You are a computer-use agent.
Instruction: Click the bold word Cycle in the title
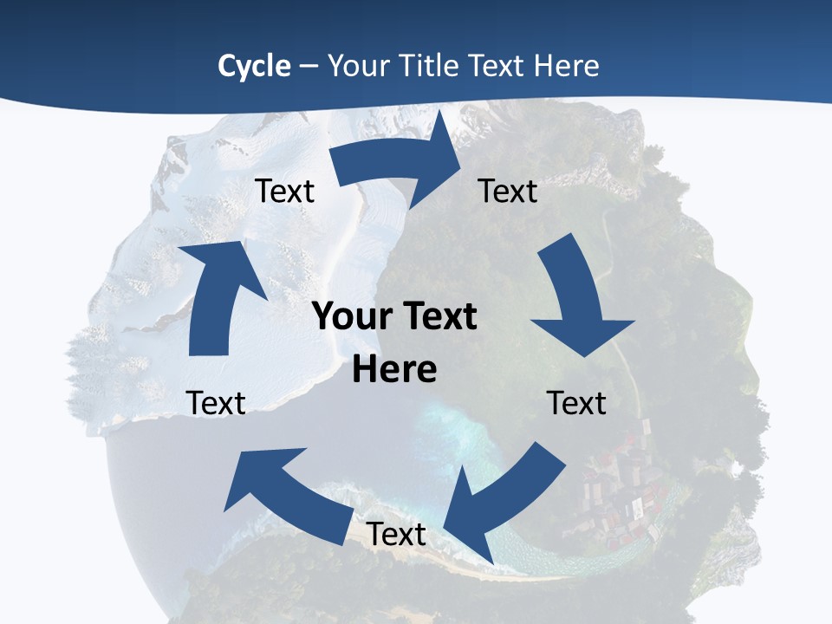click(x=254, y=66)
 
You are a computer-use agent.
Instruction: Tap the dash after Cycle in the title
click(x=308, y=66)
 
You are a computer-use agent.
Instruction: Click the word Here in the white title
click(x=566, y=66)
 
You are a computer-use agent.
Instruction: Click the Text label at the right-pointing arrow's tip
click(x=508, y=191)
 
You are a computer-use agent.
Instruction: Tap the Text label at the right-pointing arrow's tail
click(x=284, y=191)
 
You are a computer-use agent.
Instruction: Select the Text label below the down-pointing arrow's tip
click(x=576, y=403)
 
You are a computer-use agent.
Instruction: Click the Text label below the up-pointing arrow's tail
click(x=216, y=403)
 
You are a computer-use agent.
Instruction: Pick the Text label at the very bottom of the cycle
click(x=396, y=535)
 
